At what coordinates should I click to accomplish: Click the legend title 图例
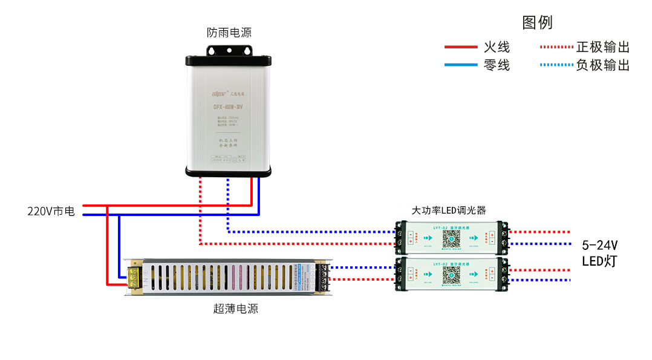[537, 23]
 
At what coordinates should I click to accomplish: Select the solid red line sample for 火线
[461, 47]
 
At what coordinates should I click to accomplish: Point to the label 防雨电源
[229, 33]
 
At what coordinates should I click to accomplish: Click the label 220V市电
[51, 211]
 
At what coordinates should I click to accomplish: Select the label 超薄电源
[235, 309]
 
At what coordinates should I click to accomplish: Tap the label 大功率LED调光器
[449, 211]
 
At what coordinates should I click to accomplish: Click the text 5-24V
[599, 245]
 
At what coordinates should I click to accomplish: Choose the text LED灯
[599, 261]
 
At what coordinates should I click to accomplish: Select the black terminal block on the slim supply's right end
[324, 279]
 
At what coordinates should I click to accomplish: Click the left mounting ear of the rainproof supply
[193, 61]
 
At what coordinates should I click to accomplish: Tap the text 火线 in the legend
[497, 47]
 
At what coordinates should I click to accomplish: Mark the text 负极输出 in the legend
[602, 65]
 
